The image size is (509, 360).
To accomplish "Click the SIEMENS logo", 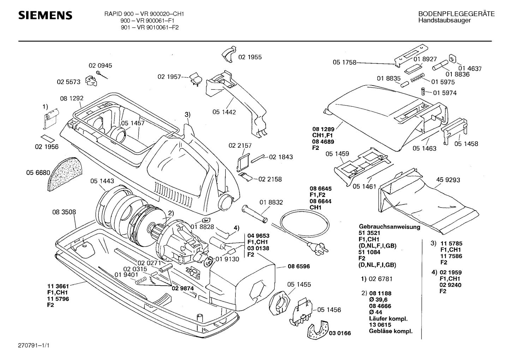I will (x=45, y=16).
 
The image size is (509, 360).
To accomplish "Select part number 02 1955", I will (x=250, y=57).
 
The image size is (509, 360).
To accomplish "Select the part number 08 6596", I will (x=299, y=266).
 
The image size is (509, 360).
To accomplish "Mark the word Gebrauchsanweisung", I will (x=389, y=227).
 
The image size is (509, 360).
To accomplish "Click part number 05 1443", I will (x=102, y=181).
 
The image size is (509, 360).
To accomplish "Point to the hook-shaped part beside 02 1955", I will (x=228, y=54).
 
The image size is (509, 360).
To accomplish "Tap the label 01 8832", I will (x=271, y=202).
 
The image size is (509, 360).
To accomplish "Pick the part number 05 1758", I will (x=344, y=63).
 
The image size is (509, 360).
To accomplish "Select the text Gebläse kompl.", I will (x=390, y=331).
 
